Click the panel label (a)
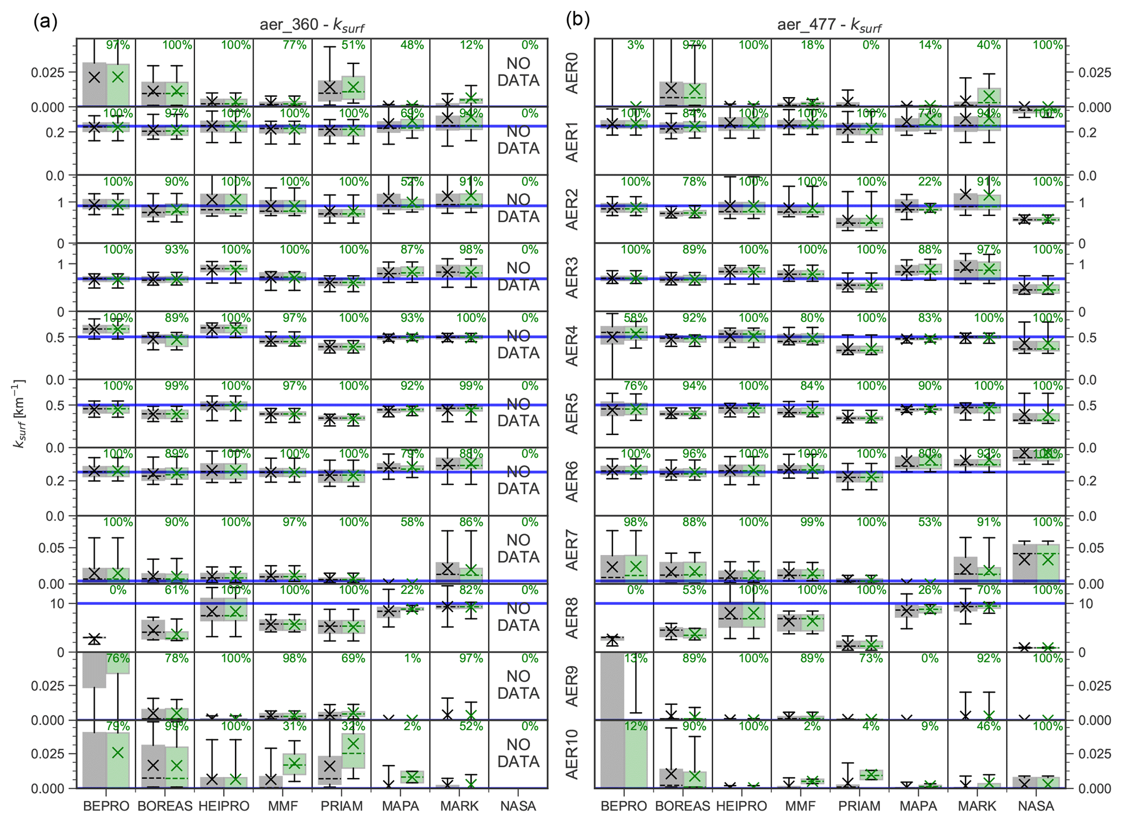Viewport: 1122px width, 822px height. tap(45, 22)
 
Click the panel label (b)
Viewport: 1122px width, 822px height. tap(578, 20)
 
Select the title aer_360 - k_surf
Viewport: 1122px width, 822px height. tap(312, 25)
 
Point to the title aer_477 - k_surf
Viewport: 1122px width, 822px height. tap(829, 25)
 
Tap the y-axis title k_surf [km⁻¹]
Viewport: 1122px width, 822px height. tap(19, 413)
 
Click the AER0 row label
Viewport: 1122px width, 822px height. tap(572, 73)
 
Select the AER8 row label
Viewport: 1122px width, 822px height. tap(572, 618)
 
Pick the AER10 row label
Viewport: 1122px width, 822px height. tap(572, 754)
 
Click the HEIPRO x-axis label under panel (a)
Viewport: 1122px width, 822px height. tap(224, 806)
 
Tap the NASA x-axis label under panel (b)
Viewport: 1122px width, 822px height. tap(1036, 806)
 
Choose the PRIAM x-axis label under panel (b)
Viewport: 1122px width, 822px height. tap(859, 806)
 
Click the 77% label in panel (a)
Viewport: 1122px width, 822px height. tap(294, 45)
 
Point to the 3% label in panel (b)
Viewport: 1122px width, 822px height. tap(636, 45)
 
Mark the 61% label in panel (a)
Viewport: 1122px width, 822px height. tap(177, 590)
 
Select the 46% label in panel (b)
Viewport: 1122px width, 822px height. tap(988, 726)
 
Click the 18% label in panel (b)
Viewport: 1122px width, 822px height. tap(812, 45)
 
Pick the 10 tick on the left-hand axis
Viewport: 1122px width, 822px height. tap(57, 604)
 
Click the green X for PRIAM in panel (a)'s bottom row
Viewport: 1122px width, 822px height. tap(353, 743)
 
